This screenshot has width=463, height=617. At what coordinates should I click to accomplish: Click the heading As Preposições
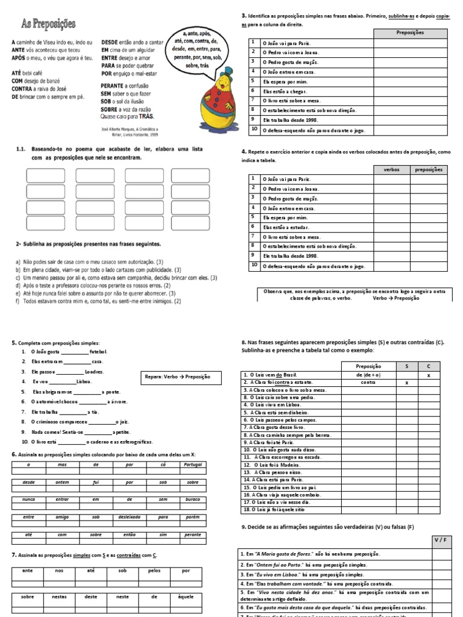pyautogui.click(x=48, y=23)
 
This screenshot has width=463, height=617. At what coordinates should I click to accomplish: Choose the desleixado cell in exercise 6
pyautogui.click(x=126, y=517)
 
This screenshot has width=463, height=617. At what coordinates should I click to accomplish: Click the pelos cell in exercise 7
pyautogui.click(x=154, y=570)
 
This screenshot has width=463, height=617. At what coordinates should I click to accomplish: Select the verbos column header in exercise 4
pyautogui.click(x=391, y=170)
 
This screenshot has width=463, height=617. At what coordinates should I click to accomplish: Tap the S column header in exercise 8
pyautogui.click(x=407, y=366)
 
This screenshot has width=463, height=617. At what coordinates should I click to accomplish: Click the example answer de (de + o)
pyautogui.click(x=368, y=374)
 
